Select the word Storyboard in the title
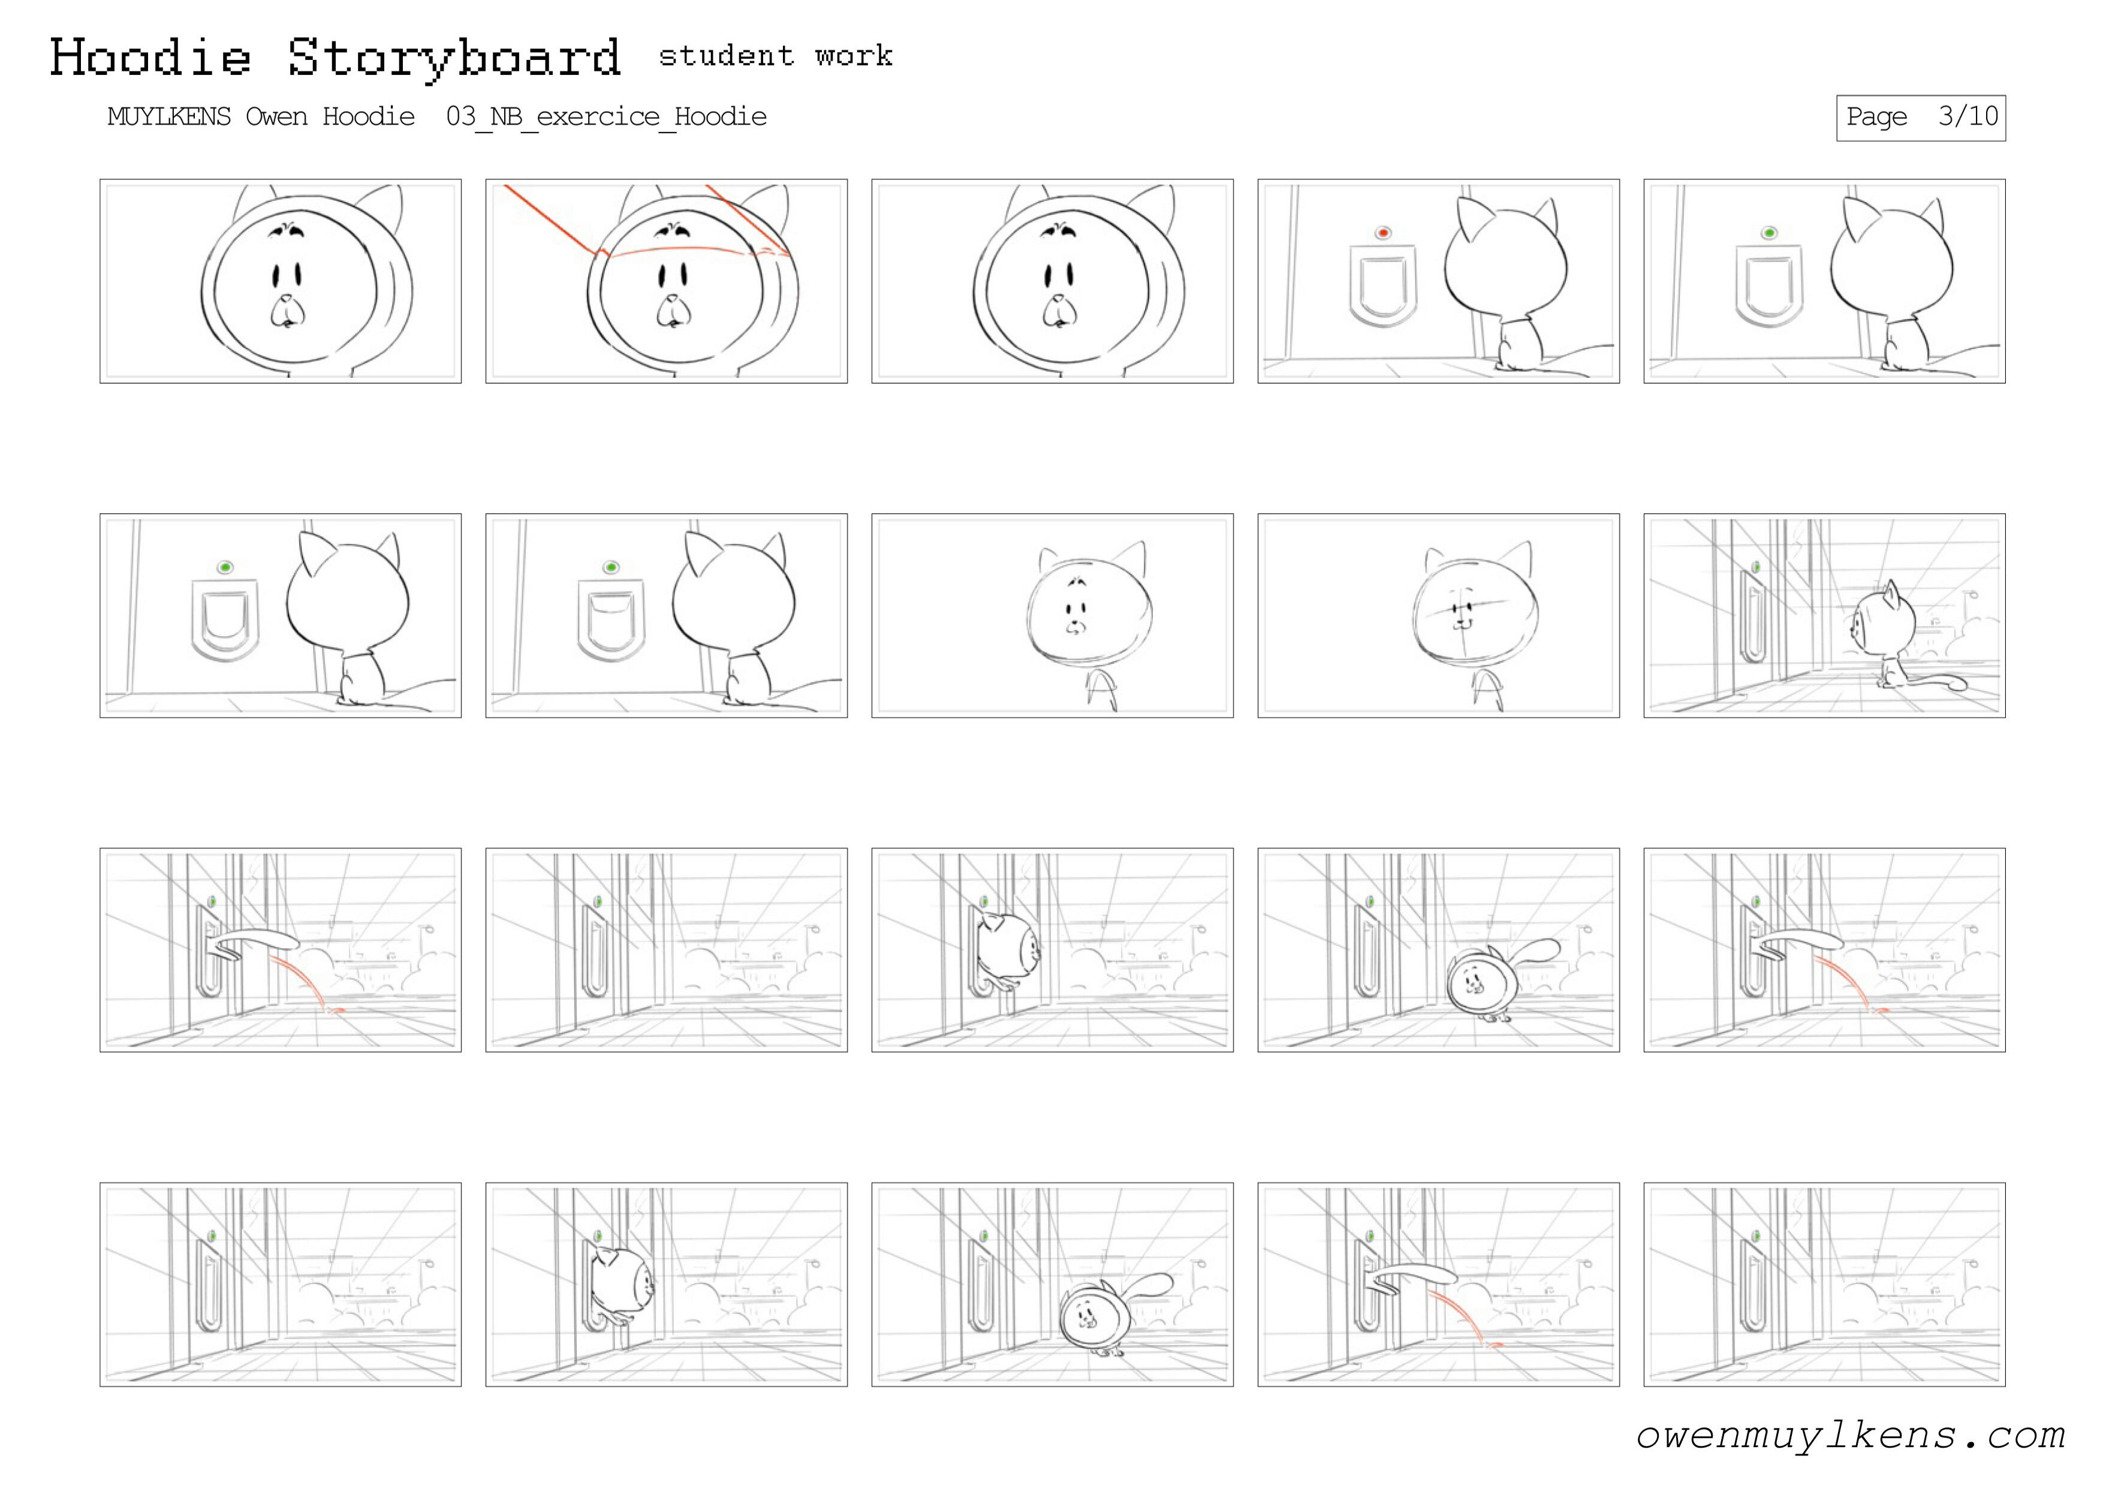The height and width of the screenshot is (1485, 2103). tap(454, 59)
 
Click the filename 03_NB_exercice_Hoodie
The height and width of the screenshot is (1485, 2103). tap(606, 118)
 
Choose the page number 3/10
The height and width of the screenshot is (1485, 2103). tap(1968, 116)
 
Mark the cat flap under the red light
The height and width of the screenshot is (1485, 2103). tap(1383, 286)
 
